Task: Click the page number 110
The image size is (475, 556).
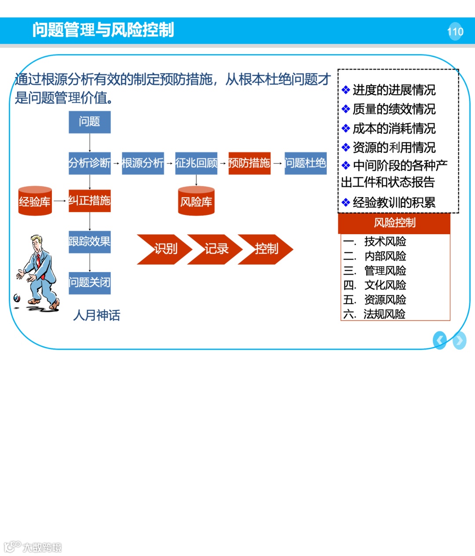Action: pyautogui.click(x=455, y=31)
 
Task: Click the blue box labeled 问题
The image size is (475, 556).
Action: pyautogui.click(x=89, y=122)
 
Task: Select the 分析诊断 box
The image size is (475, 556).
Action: pyautogui.click(x=89, y=163)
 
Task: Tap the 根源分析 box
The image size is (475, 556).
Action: pyautogui.click(x=142, y=163)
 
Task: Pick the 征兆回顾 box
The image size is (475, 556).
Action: pyautogui.click(x=196, y=163)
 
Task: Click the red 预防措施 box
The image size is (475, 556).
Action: pyautogui.click(x=249, y=163)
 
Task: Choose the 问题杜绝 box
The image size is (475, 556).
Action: pyautogui.click(x=305, y=163)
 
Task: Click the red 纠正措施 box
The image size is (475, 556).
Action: pyautogui.click(x=89, y=201)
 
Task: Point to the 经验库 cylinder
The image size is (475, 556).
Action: pyautogui.click(x=35, y=201)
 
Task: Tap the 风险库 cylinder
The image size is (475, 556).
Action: pyautogui.click(x=196, y=202)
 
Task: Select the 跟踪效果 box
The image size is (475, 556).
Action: pyautogui.click(x=89, y=242)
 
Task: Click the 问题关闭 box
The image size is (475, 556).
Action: pyautogui.click(x=89, y=283)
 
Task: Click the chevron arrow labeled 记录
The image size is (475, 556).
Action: pyautogui.click(x=215, y=249)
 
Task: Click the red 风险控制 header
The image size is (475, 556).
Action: pyautogui.click(x=395, y=223)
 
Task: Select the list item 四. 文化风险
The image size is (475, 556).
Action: pyautogui.click(x=375, y=285)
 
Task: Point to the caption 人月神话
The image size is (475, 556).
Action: pyautogui.click(x=97, y=315)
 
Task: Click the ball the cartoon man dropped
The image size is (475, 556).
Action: pyautogui.click(x=17, y=298)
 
